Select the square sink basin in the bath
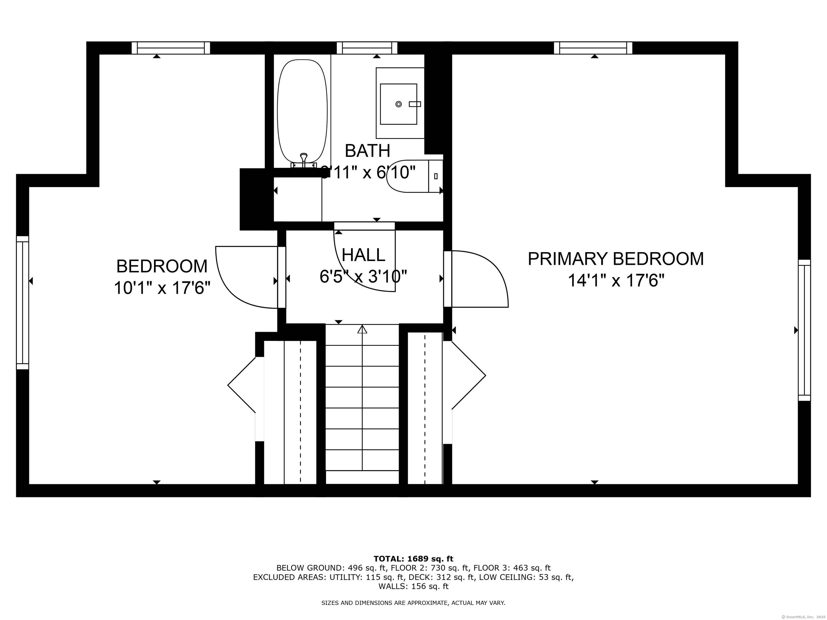tap(398, 104)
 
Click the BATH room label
tap(367, 151)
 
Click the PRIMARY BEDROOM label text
tap(615, 259)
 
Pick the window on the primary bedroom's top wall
tap(593, 48)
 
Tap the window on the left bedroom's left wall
tap(22, 303)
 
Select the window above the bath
tap(367, 48)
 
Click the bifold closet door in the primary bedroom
tap(469, 375)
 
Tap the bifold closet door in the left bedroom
tap(241, 385)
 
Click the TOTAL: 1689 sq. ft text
tap(413, 559)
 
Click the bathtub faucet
tap(304, 160)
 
